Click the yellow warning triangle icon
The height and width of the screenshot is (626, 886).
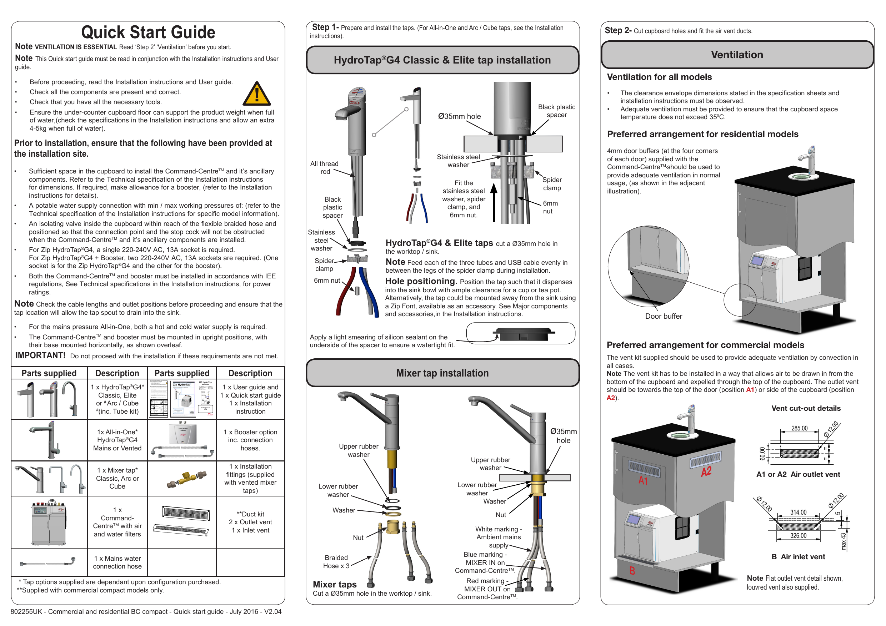(257, 95)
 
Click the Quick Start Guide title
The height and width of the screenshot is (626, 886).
(148, 32)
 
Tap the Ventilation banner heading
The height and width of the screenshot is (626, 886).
(737, 55)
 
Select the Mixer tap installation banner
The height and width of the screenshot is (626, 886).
(442, 373)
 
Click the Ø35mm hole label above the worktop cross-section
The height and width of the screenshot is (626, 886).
(459, 116)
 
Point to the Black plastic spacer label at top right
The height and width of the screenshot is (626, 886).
(556, 111)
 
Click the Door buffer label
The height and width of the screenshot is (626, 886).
(664, 316)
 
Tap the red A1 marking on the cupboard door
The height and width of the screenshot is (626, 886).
(643, 481)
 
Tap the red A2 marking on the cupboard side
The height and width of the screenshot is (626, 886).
(706, 472)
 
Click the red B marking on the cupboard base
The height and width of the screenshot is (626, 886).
(632, 570)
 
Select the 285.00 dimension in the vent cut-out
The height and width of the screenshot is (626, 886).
(799, 428)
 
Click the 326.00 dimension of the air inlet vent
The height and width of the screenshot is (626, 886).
(798, 535)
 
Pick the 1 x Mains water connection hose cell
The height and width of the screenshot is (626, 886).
(117, 562)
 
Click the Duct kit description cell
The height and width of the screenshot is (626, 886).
(250, 522)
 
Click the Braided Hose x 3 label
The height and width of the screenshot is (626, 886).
(336, 562)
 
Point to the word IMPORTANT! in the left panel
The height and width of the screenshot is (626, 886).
(40, 355)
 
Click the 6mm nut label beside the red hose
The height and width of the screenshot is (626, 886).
(326, 281)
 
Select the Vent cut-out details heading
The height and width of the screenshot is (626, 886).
(806, 408)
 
